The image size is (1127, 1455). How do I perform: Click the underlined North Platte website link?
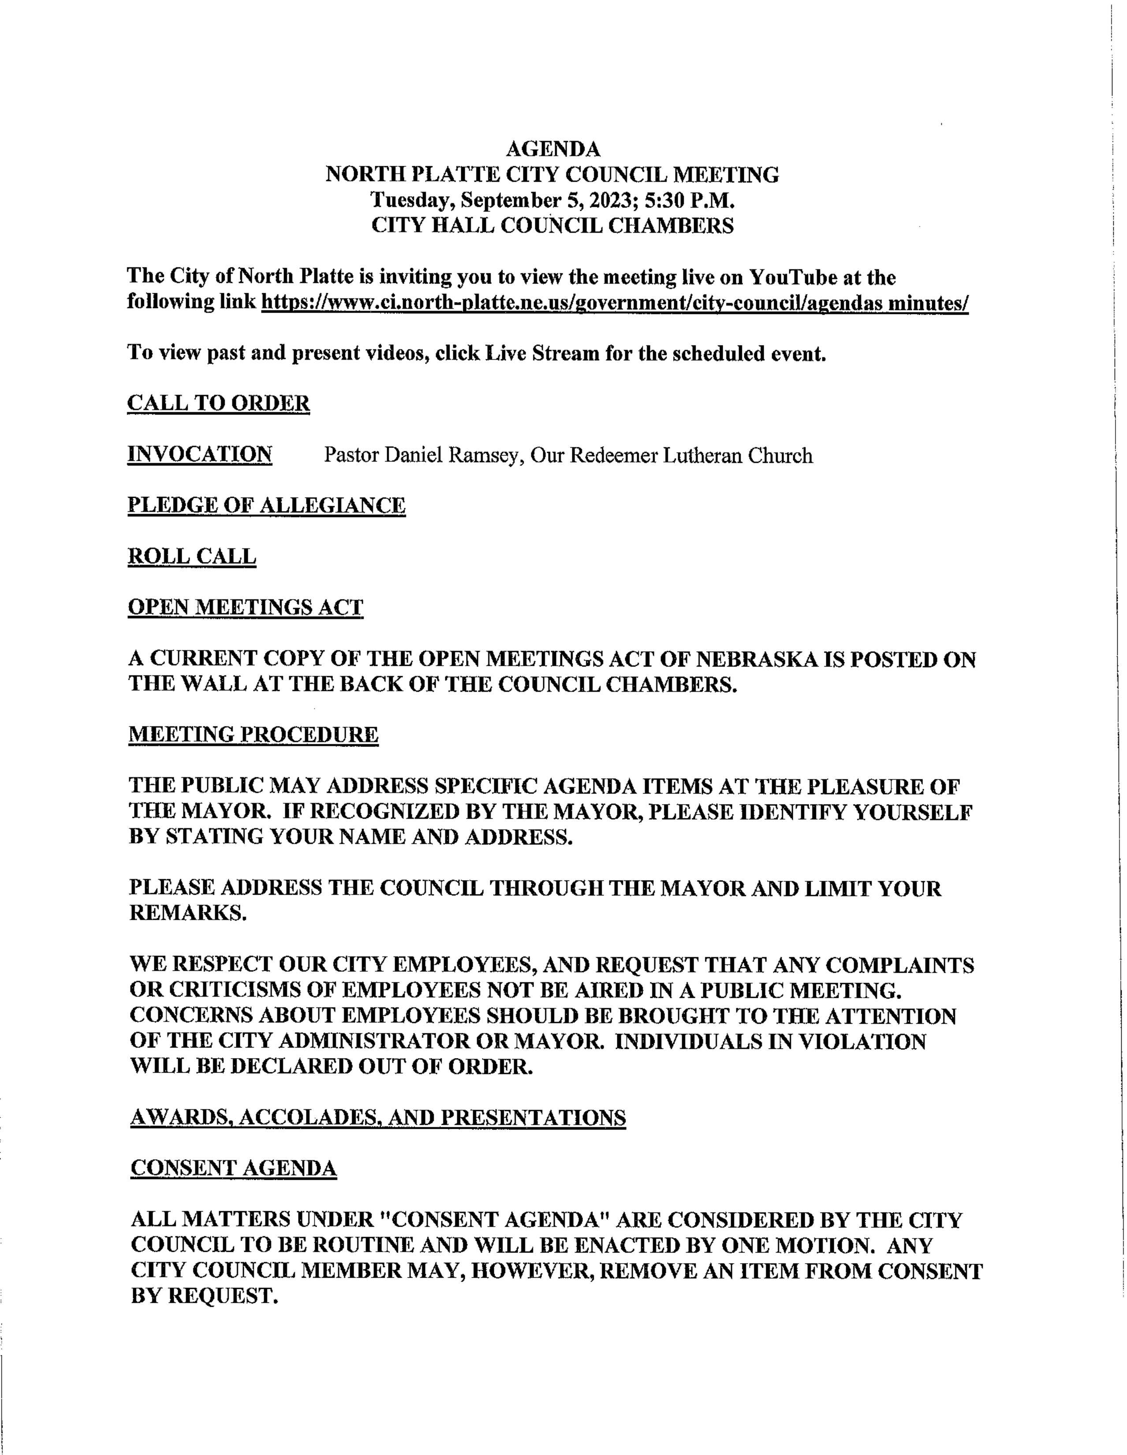[614, 303]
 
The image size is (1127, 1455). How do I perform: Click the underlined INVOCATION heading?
[200, 455]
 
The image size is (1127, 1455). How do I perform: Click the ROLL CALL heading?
[192, 556]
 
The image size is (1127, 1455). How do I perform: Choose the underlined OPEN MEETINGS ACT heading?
[246, 608]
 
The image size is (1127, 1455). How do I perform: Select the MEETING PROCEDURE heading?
[253, 735]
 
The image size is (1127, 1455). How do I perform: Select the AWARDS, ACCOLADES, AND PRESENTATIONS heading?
[378, 1117]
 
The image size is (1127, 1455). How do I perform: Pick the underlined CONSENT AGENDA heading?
[234, 1168]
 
